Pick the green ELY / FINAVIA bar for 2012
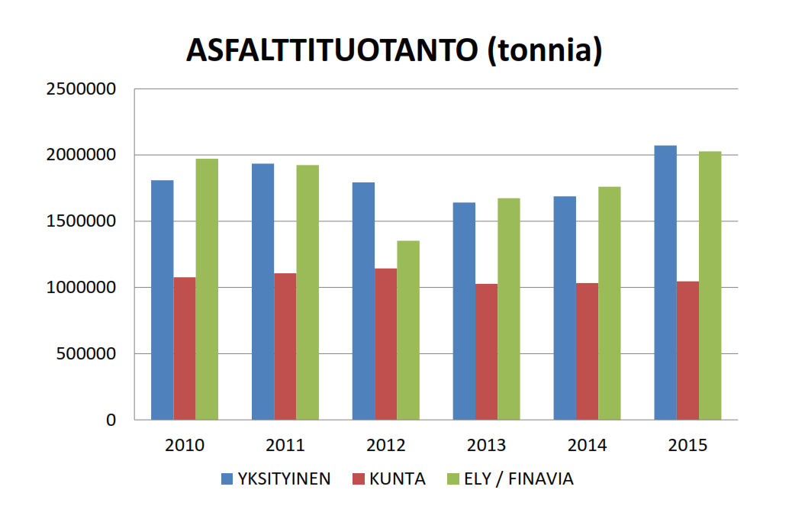408,330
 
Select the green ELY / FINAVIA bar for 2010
207,289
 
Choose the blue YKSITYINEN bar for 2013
464,311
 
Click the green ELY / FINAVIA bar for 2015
710,285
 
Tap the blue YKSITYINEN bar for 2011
262,292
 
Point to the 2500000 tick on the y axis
81,89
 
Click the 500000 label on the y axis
85,354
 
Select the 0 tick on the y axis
111,420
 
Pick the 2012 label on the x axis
386,446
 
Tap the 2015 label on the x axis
688,446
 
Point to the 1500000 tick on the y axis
81,221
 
